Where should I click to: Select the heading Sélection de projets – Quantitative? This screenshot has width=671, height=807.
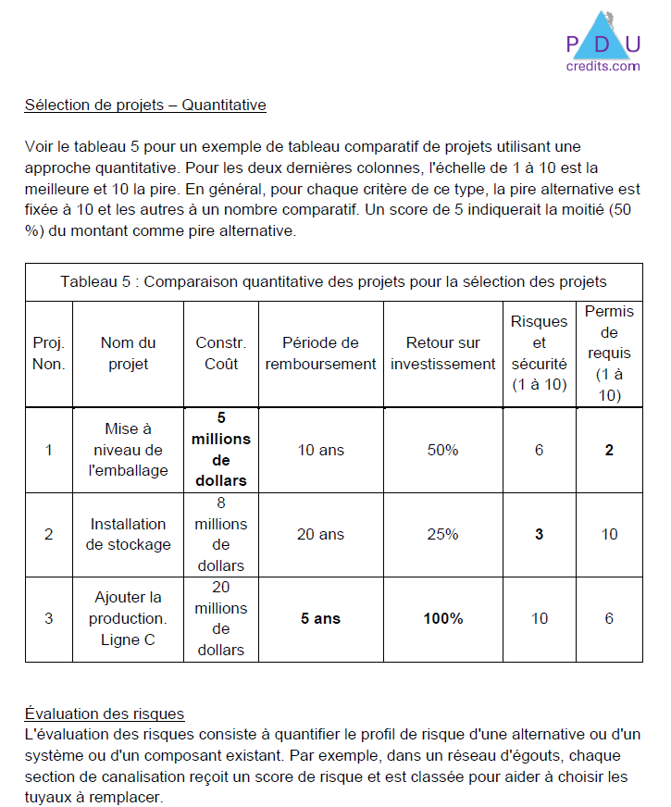point(145,106)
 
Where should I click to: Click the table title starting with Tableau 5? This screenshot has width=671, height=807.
point(333,281)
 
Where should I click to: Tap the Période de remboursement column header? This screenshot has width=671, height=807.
point(320,354)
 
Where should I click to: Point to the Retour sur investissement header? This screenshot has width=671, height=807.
point(442,354)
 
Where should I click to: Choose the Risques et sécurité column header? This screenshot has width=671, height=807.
point(539,353)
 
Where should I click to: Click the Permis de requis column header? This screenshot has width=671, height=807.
point(609,354)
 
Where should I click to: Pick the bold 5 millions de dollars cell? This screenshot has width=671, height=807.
point(221,450)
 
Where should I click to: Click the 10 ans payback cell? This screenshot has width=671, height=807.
point(320,450)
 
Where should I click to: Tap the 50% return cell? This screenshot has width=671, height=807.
point(442,450)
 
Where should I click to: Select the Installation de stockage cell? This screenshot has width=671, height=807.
point(128,534)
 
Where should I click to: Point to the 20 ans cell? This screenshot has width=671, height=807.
point(320,534)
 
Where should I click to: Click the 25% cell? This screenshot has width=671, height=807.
point(442,534)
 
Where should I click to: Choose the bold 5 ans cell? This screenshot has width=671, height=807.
point(320,618)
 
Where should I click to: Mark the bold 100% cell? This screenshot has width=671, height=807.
point(442,618)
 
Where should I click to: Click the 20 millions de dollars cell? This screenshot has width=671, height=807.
point(221,618)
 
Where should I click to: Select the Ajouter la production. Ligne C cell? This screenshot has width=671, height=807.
point(128,618)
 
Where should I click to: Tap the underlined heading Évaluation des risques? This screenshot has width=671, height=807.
point(105,714)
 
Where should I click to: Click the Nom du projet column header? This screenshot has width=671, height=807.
point(128,354)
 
